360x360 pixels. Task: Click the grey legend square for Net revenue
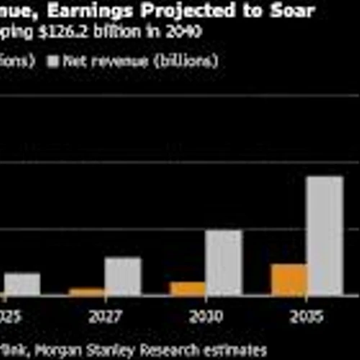[x=53, y=61]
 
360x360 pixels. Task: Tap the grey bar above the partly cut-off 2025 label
[x=22, y=284]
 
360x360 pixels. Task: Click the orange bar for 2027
[x=86, y=292]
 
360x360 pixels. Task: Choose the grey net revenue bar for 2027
[x=123, y=276]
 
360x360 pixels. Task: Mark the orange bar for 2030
[x=188, y=288]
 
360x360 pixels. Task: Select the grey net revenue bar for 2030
[x=224, y=263]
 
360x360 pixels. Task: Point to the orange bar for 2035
[x=289, y=279]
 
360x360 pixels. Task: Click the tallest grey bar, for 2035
[x=325, y=235]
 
